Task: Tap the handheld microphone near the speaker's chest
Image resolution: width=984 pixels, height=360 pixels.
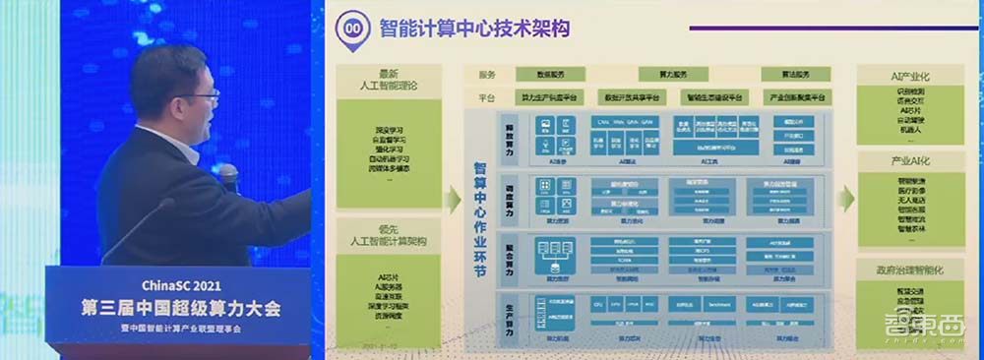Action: pyautogui.click(x=228, y=177)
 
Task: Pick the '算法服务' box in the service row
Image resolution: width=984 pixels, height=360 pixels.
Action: pyautogui.click(x=796, y=75)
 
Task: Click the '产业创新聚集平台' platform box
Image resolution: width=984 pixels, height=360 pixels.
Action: pyautogui.click(x=797, y=96)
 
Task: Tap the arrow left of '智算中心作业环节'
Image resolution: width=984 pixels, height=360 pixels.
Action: pyautogui.click(x=452, y=200)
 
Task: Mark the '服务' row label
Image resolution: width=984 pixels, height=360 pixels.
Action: pyautogui.click(x=487, y=75)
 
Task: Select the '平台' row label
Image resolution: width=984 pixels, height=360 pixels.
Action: pyautogui.click(x=487, y=96)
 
